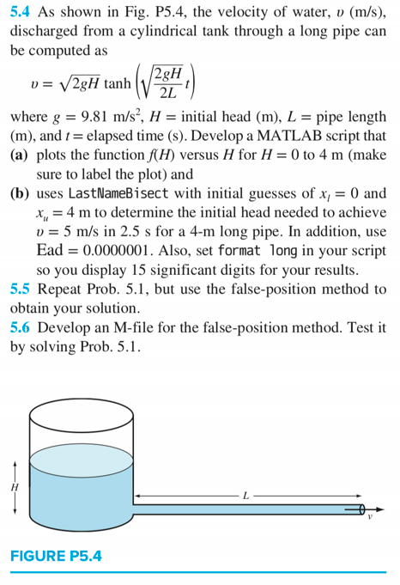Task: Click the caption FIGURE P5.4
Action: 56,556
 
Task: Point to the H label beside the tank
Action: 14,486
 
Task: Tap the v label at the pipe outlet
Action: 371,517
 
